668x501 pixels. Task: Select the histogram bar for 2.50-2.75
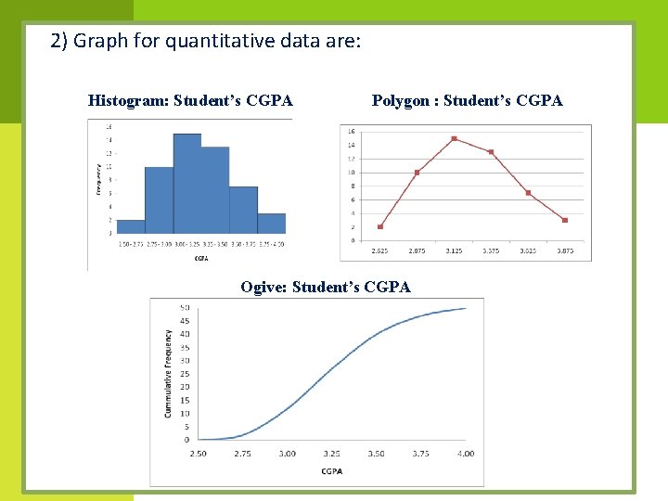coord(131,226)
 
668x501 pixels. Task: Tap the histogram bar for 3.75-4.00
coord(271,224)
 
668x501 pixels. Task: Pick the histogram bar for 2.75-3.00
coord(159,200)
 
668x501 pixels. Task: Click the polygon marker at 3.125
coord(454,138)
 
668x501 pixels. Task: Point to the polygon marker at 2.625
coord(380,226)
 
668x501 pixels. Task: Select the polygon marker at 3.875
coord(565,220)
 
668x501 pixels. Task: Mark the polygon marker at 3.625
coord(528,193)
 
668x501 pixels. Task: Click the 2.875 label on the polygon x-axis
coord(417,250)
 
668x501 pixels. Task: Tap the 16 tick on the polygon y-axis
coord(351,131)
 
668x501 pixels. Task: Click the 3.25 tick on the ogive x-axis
coord(331,454)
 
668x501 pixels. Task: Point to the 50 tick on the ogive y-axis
coord(185,307)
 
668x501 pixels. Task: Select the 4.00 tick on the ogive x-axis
coord(466,454)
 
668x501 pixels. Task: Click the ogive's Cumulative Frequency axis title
coord(169,373)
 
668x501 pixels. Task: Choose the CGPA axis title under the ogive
coord(331,471)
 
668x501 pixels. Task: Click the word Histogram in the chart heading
coord(128,100)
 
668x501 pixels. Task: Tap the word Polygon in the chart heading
coord(401,100)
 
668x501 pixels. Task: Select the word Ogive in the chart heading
coord(263,287)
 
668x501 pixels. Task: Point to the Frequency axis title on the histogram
coord(98,179)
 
